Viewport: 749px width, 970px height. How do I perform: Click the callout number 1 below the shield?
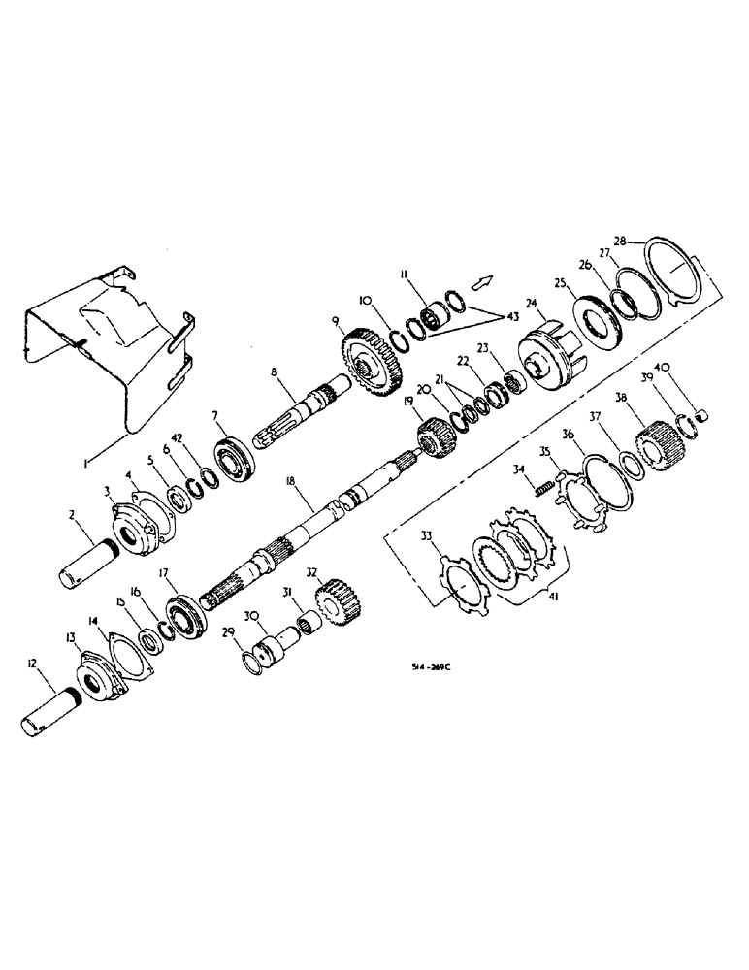87,465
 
